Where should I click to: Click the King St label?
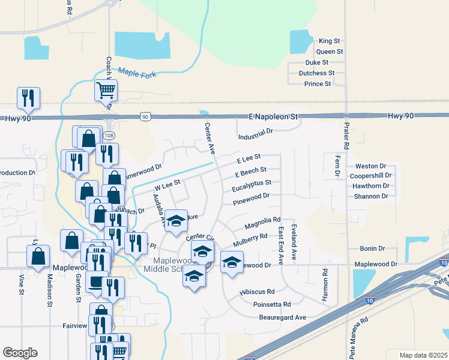pos(330,41)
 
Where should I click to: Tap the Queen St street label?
pos(330,52)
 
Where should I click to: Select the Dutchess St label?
pos(317,73)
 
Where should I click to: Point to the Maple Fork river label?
pos(137,74)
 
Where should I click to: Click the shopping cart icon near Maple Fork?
pos(106,91)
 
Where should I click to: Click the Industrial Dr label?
pos(255,130)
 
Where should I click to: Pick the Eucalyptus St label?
pos(252,184)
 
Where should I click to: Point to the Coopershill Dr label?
pos(371,176)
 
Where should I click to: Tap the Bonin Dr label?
pos(372,248)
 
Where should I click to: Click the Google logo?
pos(20,353)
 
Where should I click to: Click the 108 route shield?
pos(109,136)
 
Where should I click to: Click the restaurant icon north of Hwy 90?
pos(28,98)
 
